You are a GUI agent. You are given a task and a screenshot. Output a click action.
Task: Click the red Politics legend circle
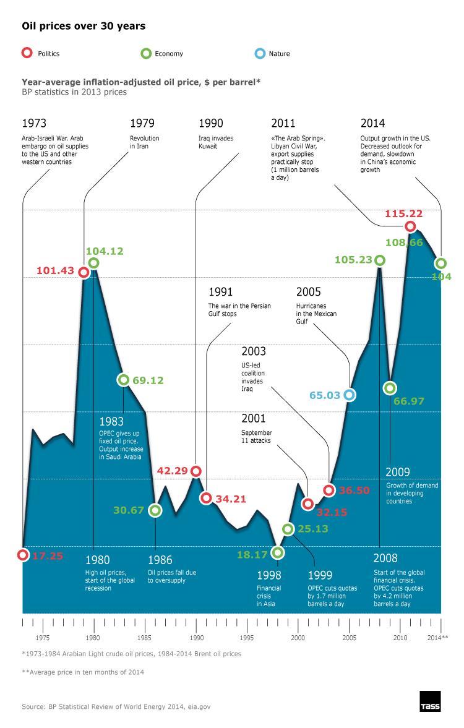click(x=26, y=53)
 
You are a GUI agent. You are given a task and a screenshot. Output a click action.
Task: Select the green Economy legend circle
click(x=145, y=53)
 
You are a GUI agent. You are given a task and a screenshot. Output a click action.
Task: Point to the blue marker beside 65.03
click(x=350, y=394)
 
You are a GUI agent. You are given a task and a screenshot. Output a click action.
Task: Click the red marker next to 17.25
click(x=23, y=555)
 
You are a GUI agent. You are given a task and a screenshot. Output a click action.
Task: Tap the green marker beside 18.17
click(x=278, y=552)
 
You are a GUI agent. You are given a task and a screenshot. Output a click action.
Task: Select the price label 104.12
click(x=105, y=251)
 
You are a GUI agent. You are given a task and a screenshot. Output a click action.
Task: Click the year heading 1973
click(x=34, y=122)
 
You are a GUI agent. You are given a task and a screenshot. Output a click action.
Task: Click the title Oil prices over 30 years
click(x=84, y=27)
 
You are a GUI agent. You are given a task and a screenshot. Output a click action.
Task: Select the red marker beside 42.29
click(x=196, y=471)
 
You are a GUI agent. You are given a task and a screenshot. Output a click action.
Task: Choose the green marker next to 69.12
click(x=123, y=380)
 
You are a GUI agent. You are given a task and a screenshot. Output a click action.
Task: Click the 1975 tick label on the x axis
click(x=43, y=637)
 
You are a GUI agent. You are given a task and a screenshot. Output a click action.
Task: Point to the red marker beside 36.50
click(x=329, y=490)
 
